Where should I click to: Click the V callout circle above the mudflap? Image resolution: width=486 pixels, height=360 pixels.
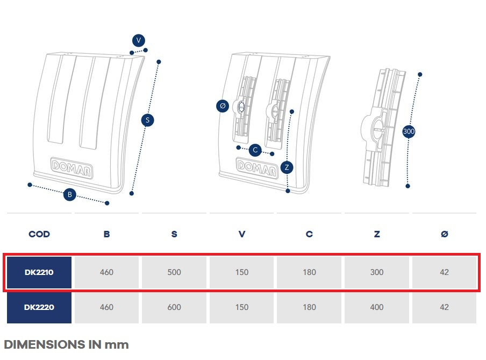tap(139, 40)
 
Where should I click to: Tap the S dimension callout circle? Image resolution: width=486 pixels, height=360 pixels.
tap(147, 120)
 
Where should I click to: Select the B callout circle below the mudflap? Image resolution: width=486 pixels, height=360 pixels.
tap(70, 195)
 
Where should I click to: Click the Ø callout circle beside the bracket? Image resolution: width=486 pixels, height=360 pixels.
tap(223, 106)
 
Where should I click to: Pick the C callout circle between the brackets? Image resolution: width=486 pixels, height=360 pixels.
tap(255, 150)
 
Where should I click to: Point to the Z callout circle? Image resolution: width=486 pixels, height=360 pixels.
tap(287, 167)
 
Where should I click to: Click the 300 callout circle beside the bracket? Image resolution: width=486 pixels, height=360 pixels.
tap(409, 131)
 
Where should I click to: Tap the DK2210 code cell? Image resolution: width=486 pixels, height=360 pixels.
tap(39, 272)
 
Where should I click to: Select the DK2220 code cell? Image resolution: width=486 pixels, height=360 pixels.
tap(39, 307)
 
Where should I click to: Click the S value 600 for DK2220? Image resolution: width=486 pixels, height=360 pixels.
tap(174, 307)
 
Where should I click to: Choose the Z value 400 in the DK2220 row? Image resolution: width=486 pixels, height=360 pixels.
tap(377, 307)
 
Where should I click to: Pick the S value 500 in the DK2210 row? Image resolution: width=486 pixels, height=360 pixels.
tap(174, 272)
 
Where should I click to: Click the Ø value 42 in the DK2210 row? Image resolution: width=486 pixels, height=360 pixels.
tap(444, 272)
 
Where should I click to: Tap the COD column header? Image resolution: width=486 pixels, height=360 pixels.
tap(39, 234)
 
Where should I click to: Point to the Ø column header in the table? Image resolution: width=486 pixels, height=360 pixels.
tap(445, 234)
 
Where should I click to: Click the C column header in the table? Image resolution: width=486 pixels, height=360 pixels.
tap(309, 234)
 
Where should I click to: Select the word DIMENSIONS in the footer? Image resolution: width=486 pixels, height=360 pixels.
tap(44, 344)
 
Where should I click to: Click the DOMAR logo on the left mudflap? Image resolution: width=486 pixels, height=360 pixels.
tap(72, 168)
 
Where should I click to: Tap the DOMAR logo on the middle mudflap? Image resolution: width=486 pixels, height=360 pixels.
tap(258, 168)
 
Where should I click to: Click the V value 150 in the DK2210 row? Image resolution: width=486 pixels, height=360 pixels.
tap(242, 272)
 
